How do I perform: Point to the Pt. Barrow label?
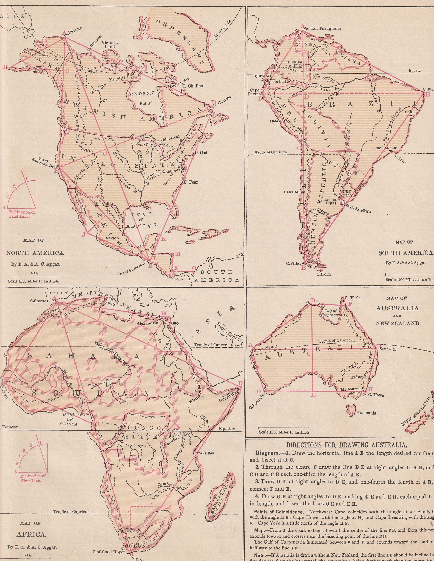pyautogui.click(x=74, y=32)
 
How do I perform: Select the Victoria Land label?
pyautogui.click(x=110, y=45)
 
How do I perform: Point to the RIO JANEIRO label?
pyautogui.click(x=386, y=148)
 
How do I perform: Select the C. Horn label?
pyautogui.click(x=324, y=274)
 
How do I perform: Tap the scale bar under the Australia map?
pyautogui.click(x=284, y=428)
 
